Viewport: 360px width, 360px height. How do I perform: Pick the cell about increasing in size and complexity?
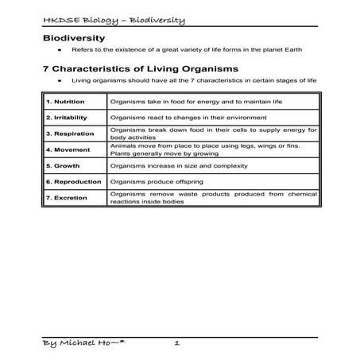click(180, 165)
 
